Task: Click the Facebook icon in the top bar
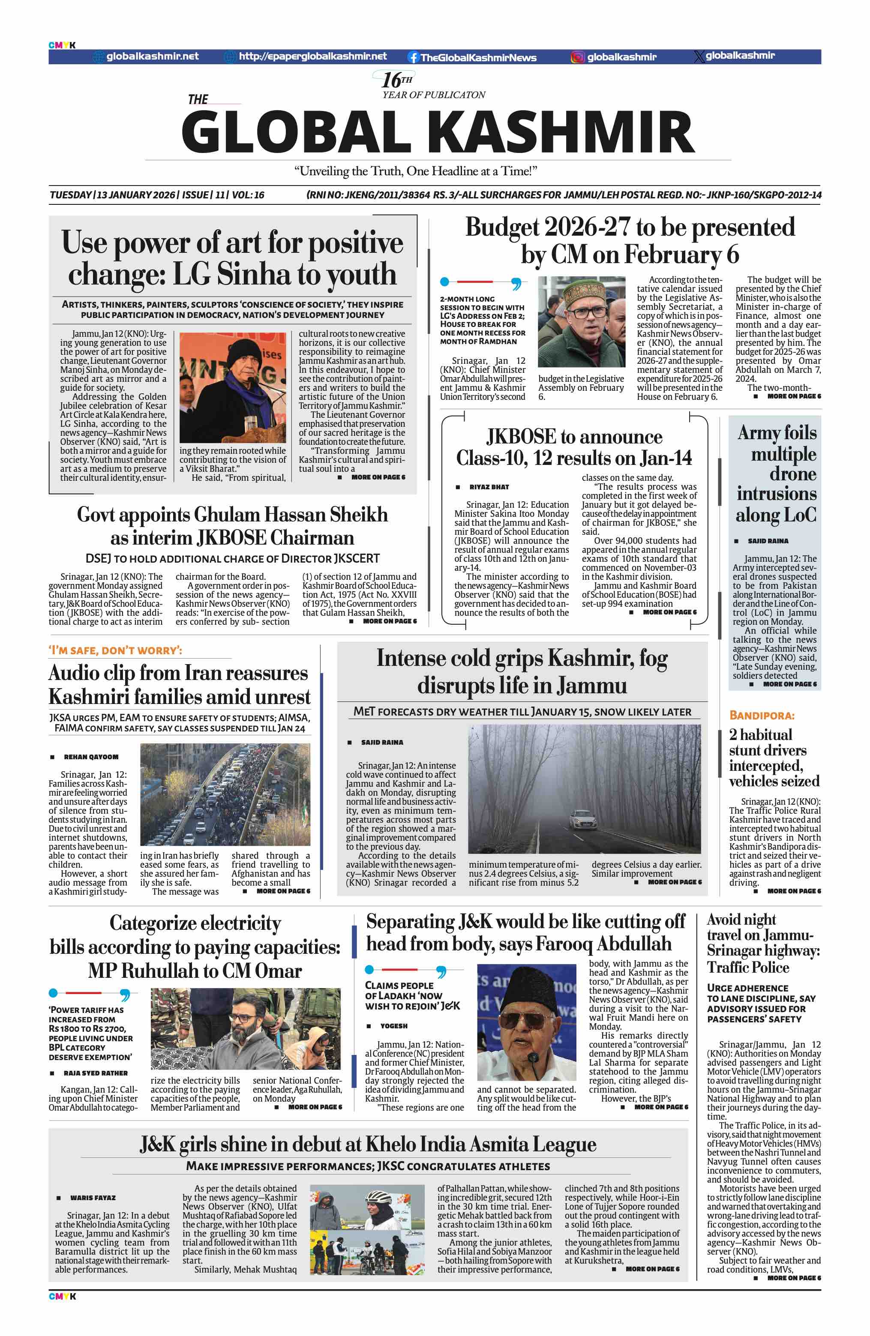(x=413, y=57)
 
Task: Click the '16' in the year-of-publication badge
(x=391, y=80)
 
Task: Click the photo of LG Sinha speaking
(x=232, y=387)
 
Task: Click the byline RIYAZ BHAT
(x=489, y=487)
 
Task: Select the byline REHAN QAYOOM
(x=91, y=757)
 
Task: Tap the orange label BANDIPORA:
(x=761, y=715)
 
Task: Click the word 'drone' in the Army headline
(x=792, y=474)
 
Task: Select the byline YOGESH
(x=393, y=1026)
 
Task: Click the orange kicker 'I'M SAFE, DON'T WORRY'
(x=115, y=650)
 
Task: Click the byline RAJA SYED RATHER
(x=96, y=1073)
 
